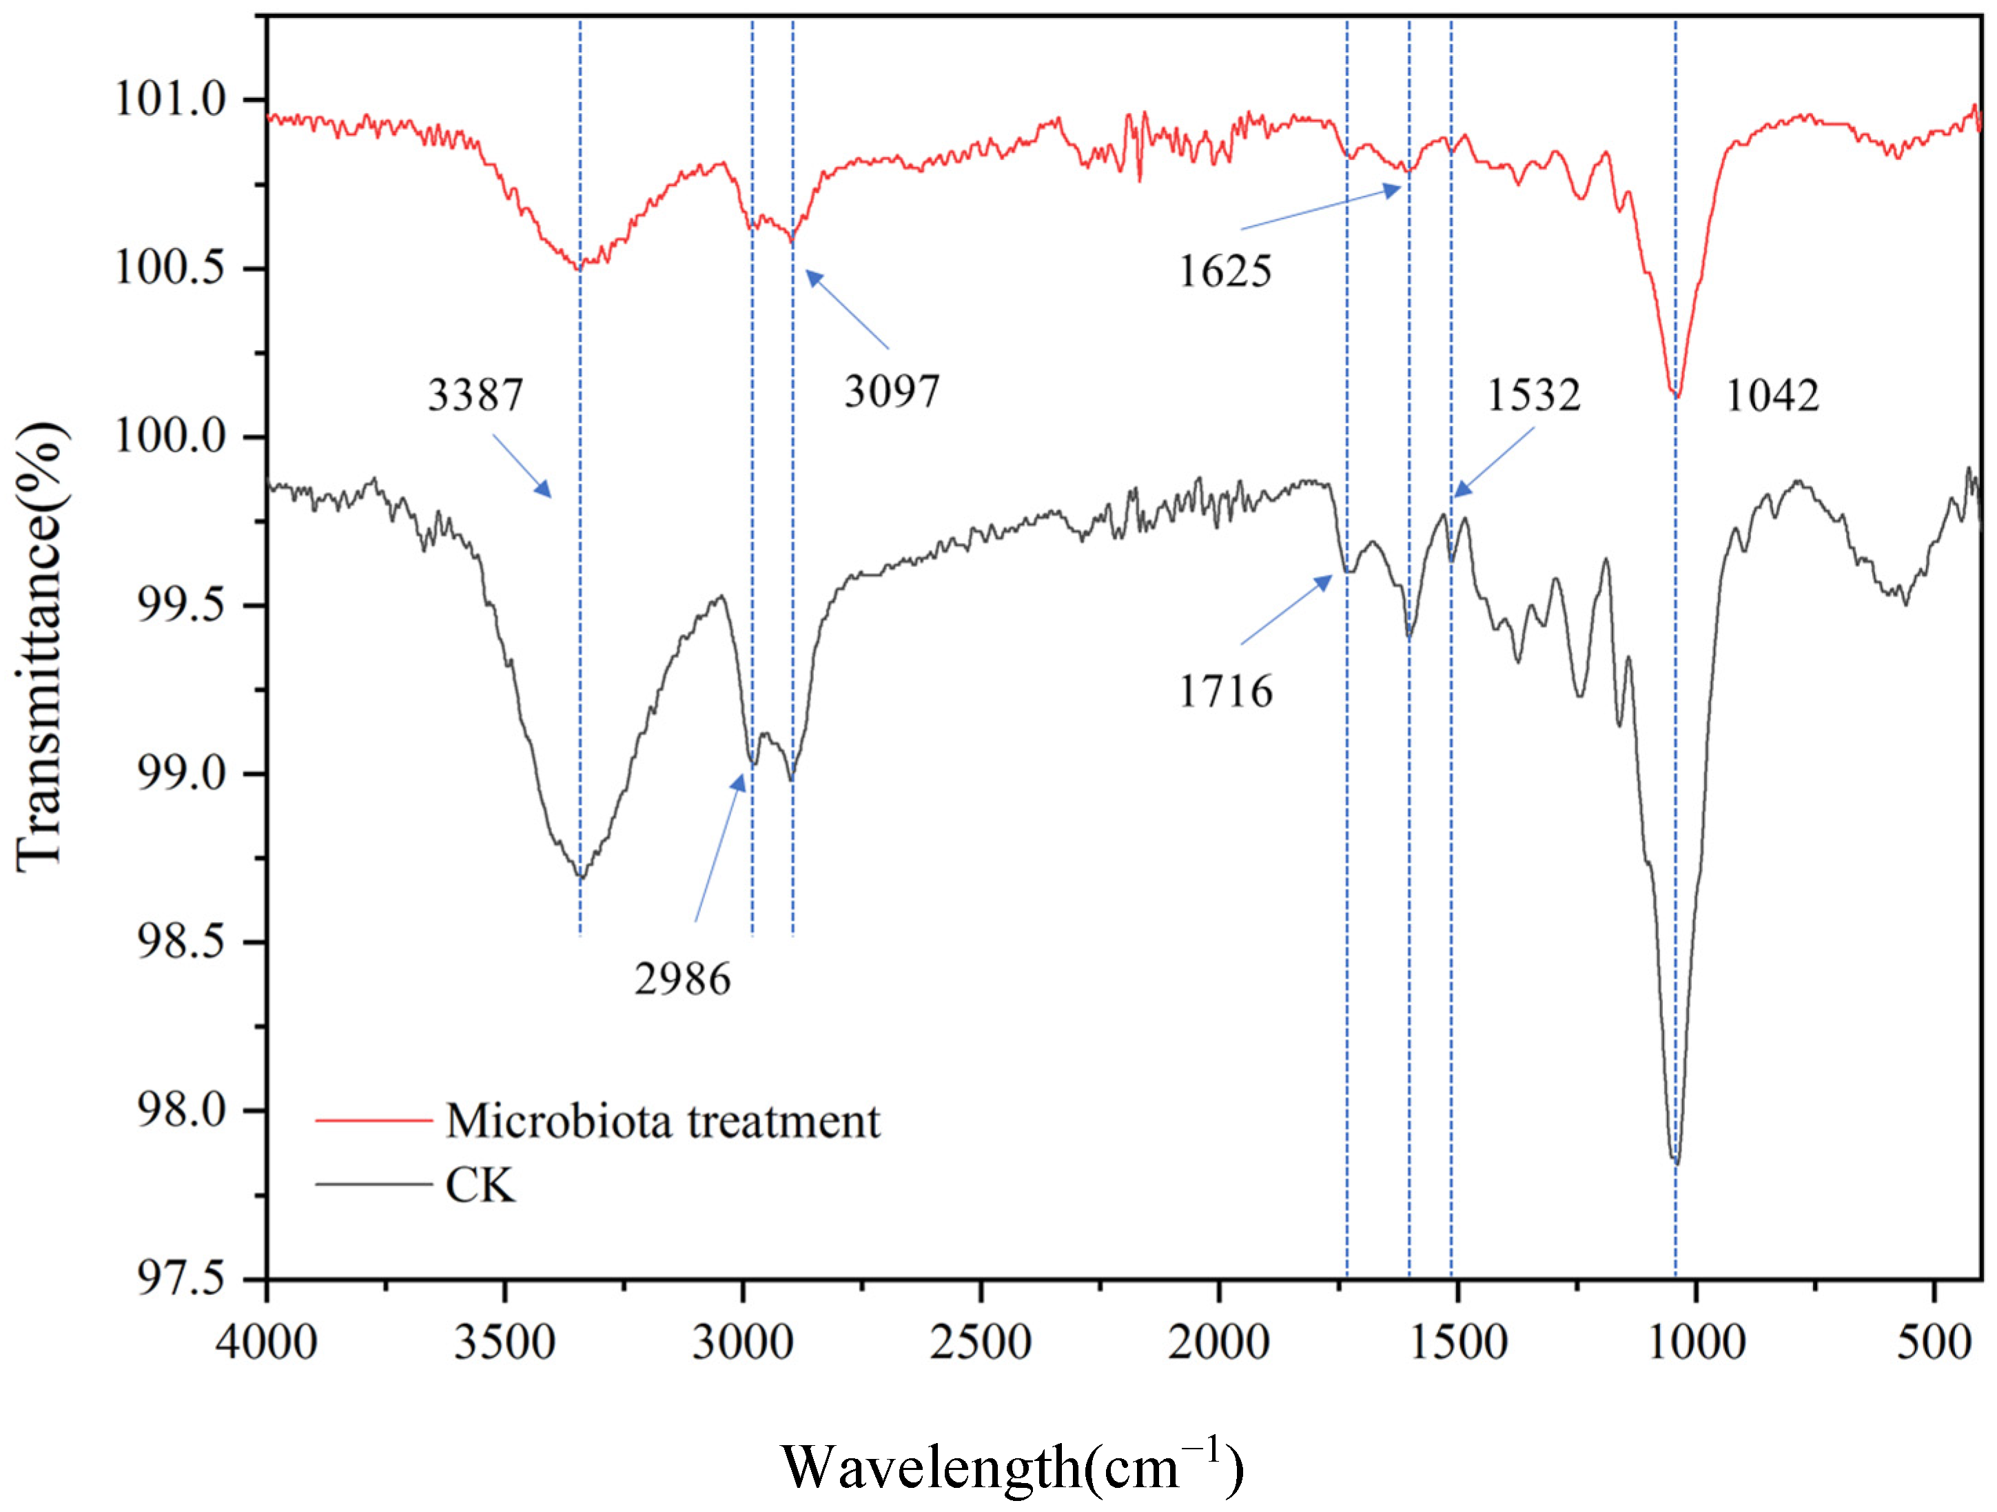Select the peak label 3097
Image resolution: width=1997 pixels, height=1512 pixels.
click(891, 391)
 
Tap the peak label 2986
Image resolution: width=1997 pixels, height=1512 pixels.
click(682, 979)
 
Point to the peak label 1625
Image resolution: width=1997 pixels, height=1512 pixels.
click(1225, 271)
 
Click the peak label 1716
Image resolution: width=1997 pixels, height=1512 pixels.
click(1225, 691)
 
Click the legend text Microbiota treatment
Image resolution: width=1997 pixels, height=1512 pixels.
click(662, 1121)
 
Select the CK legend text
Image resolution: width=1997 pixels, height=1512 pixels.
click(480, 1185)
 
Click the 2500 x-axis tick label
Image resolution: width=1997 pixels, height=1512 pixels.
click(981, 1342)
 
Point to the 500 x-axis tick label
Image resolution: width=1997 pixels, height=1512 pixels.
click(1933, 1342)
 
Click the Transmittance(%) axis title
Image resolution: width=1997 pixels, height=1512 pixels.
click(41, 646)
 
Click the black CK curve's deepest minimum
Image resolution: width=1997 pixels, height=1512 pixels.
click(1677, 1161)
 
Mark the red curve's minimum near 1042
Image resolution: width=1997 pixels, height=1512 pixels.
click(1677, 396)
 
